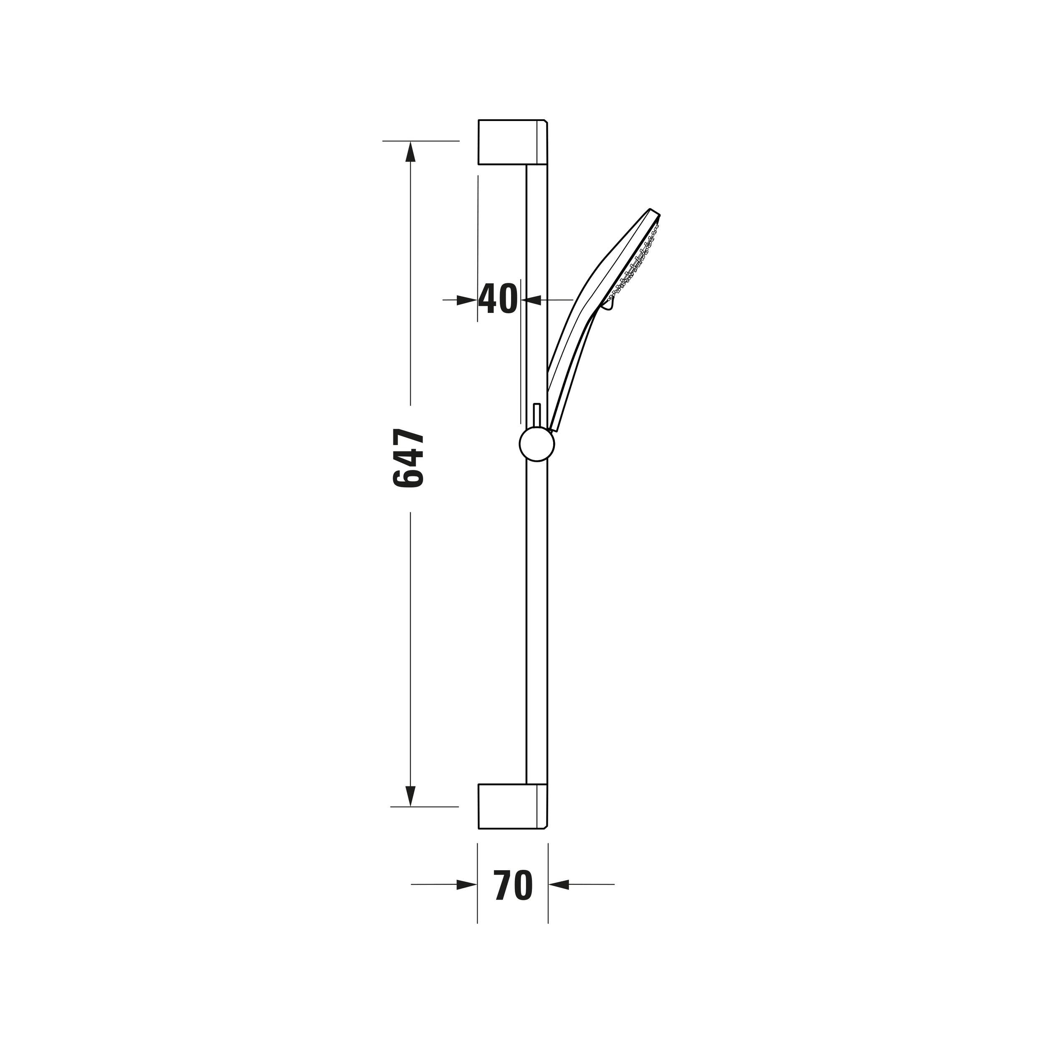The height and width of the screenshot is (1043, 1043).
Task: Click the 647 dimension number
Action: coord(409,459)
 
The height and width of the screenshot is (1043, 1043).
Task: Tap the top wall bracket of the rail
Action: coord(512,142)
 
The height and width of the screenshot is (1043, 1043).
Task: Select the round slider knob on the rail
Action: coord(537,444)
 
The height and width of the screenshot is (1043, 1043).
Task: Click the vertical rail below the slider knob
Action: coord(537,621)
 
